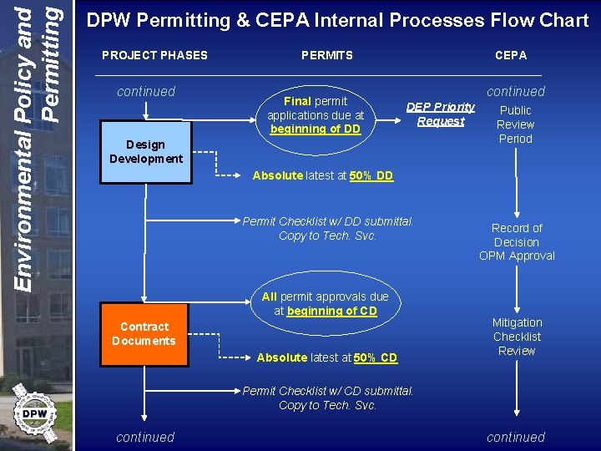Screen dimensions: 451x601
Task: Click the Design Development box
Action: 146,152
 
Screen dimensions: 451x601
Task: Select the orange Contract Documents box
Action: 144,334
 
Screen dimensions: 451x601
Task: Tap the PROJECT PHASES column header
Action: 154,55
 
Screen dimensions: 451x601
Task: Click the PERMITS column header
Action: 327,55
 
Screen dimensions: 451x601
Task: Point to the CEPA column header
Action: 511,55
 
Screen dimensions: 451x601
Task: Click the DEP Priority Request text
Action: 441,114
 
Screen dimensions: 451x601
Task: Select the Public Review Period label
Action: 515,124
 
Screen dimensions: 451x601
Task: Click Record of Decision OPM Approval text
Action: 517,242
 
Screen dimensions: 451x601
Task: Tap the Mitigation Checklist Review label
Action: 517,337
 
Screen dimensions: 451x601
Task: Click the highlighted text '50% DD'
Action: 372,175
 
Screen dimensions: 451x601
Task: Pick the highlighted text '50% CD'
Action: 376,357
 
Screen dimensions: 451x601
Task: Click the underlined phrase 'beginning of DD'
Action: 316,129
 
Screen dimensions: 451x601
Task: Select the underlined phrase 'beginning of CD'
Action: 331,311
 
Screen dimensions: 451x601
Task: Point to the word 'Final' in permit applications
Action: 297,101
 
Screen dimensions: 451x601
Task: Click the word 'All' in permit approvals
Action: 269,296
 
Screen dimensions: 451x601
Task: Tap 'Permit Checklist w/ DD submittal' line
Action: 327,221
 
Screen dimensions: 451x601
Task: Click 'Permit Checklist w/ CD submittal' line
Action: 327,391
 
